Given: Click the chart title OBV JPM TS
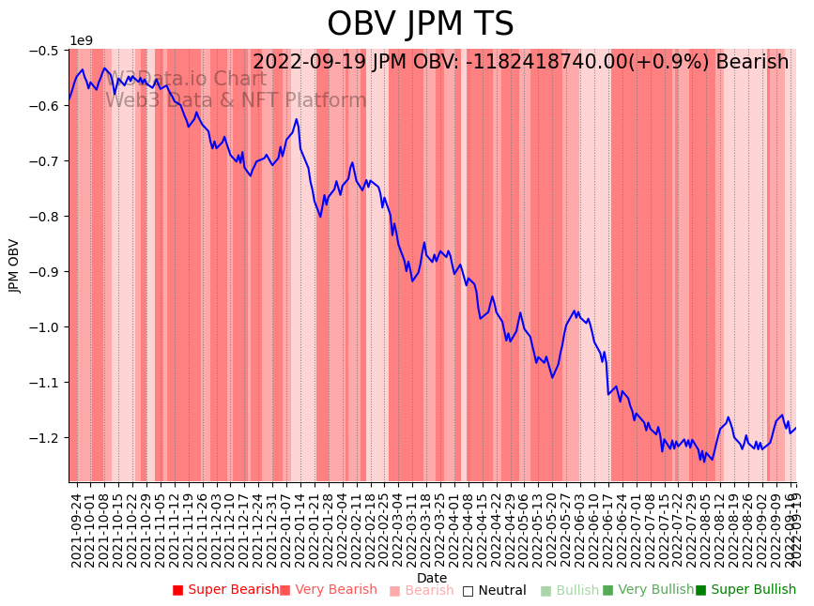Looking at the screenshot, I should (x=420, y=24).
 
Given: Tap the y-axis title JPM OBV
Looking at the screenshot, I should (x=14, y=265).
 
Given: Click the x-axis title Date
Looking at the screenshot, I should (x=432, y=578).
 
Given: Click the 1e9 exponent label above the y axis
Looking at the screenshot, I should (x=82, y=41).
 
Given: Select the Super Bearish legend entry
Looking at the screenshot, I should (x=225, y=590).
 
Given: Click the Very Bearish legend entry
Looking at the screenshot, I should (x=328, y=590).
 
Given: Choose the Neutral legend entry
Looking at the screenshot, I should (x=495, y=591).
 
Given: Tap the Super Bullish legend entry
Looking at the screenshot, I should (x=745, y=590).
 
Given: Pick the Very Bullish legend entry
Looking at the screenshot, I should (x=648, y=590).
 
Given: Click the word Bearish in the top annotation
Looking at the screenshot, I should (x=752, y=62).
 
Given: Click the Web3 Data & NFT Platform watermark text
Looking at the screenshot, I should (x=236, y=100).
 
